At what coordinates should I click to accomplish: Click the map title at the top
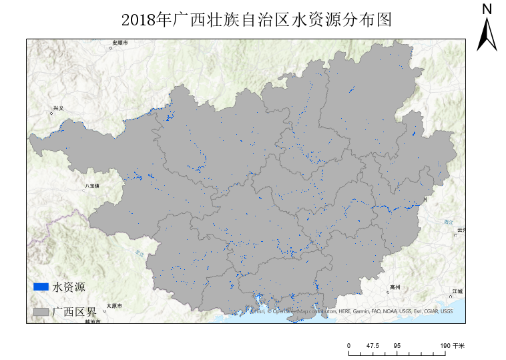256,20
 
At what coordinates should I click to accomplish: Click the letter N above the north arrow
487,9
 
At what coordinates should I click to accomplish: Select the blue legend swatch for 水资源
41,287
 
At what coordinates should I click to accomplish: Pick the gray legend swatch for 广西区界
41,312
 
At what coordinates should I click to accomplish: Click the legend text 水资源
69,287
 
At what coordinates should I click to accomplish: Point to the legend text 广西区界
75,312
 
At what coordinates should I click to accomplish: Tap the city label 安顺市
120,43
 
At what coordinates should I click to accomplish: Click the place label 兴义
58,108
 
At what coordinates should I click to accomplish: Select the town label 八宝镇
91,186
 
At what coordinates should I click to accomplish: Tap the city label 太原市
114,306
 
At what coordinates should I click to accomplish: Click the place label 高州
395,287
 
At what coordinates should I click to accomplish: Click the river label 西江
448,221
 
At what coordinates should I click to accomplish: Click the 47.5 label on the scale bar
372,345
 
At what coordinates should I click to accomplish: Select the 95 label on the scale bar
397,345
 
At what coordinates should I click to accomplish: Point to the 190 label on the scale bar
445,345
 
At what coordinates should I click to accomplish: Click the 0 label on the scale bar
348,345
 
